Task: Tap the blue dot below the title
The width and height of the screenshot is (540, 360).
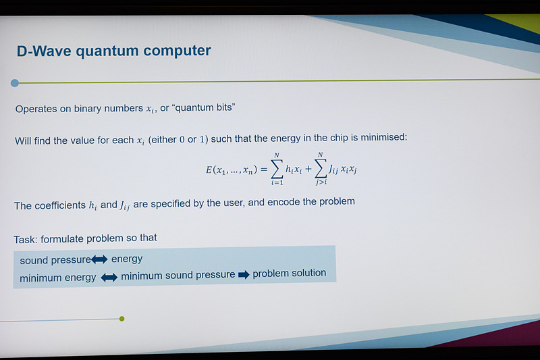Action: tap(15, 83)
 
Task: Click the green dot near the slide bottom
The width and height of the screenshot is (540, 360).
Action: tap(122, 318)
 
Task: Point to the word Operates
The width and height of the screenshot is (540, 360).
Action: tap(38, 108)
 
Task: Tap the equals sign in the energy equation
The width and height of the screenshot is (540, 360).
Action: tap(264, 170)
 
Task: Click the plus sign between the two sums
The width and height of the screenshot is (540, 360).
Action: tap(308, 170)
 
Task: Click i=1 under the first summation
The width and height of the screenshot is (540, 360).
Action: tap(276, 184)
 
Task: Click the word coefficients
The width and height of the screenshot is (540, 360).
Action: tap(59, 205)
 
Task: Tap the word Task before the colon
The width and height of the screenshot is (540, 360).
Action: tap(26, 238)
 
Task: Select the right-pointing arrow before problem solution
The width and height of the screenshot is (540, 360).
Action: tap(243, 274)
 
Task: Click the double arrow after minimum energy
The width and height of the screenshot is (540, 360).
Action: tap(109, 277)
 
